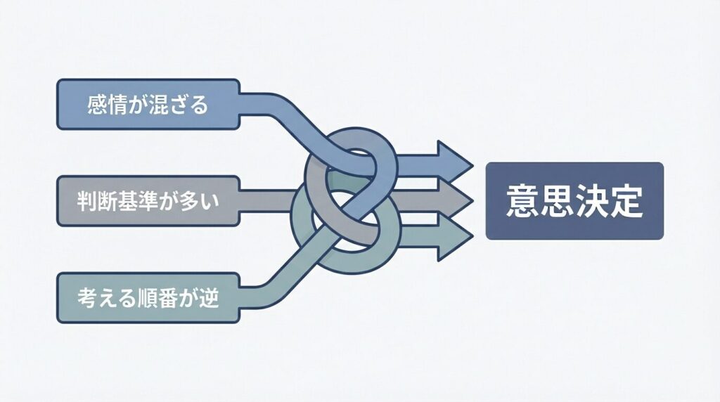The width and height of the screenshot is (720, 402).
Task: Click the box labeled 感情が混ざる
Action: (x=148, y=104)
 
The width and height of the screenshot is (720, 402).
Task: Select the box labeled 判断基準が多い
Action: (x=148, y=201)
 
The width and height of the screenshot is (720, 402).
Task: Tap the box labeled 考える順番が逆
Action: (x=148, y=298)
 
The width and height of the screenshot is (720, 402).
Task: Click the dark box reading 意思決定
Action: (x=574, y=201)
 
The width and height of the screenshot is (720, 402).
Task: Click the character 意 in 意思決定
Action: (x=521, y=202)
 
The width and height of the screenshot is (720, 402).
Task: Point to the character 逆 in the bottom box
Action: (x=209, y=299)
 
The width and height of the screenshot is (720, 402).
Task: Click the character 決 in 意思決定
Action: (x=591, y=202)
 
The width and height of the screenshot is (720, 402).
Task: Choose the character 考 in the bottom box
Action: (x=87, y=299)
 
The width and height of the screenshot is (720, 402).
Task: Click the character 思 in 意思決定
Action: (x=556, y=202)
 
